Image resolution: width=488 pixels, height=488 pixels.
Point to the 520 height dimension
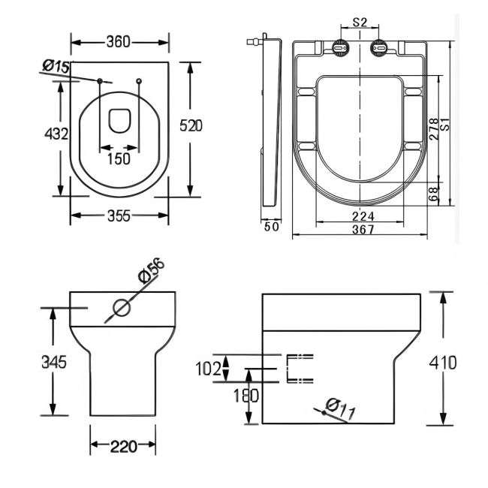(x=191, y=126)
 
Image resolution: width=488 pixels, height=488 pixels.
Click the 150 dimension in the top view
(x=119, y=158)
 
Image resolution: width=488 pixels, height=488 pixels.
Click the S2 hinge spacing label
(x=360, y=23)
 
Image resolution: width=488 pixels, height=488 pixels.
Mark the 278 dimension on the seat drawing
(x=433, y=132)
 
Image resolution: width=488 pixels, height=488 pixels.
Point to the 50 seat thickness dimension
(x=271, y=226)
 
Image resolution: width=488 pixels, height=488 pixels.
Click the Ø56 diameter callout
(x=152, y=271)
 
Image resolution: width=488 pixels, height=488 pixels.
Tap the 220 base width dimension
(x=123, y=447)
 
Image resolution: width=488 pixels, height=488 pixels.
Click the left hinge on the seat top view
(x=342, y=48)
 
